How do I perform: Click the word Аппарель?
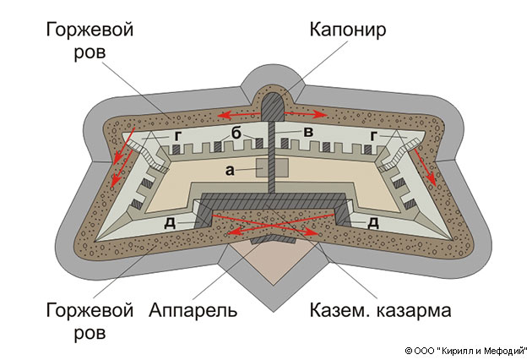click(x=193, y=310)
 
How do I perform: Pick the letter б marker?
click(x=239, y=134)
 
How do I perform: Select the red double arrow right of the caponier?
click(x=309, y=112)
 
